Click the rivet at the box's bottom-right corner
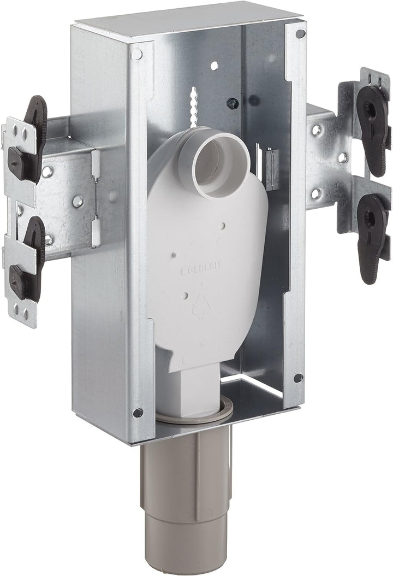[297, 378]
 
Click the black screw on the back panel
[234, 103]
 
